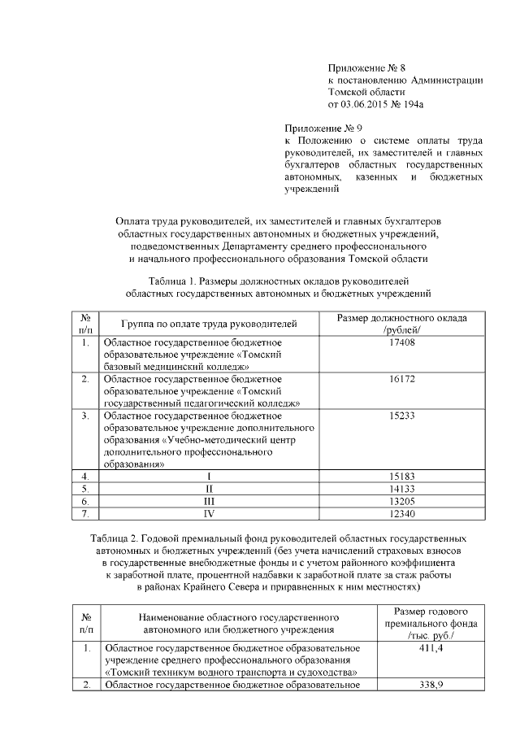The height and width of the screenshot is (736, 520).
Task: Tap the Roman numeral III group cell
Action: [x=208, y=501]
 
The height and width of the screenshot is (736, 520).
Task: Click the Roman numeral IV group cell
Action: [x=208, y=514]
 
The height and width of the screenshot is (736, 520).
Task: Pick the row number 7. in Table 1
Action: [x=85, y=514]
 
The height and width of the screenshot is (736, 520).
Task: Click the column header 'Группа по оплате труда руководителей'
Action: [x=208, y=324]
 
